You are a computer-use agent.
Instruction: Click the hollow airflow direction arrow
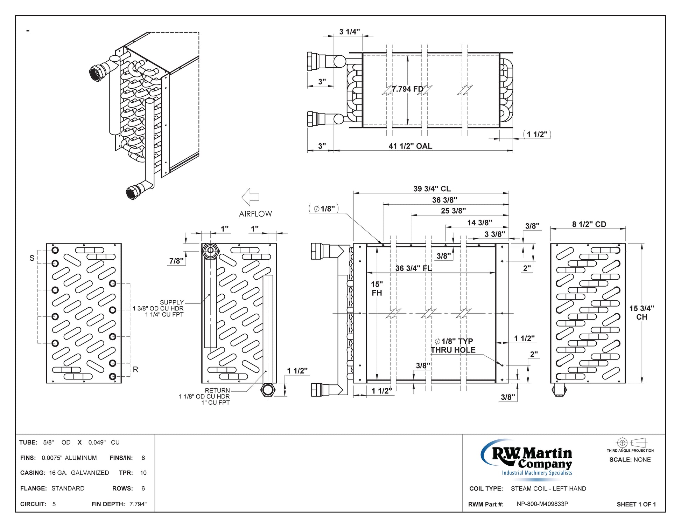point(251,197)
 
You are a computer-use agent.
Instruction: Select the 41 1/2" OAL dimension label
point(410,146)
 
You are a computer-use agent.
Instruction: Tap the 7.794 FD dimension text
point(408,89)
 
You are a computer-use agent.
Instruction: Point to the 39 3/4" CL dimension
point(432,189)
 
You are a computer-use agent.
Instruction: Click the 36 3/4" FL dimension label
point(413,268)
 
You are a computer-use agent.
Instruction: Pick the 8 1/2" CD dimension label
point(589,224)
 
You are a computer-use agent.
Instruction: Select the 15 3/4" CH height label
point(641,313)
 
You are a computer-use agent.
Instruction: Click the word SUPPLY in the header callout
point(171,302)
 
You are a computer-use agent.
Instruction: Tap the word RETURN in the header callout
point(217,390)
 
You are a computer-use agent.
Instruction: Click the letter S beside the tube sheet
point(32,258)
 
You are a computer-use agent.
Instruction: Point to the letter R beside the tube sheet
point(135,370)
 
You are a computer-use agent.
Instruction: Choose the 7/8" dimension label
point(176,261)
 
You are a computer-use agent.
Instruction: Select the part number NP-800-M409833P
point(542,504)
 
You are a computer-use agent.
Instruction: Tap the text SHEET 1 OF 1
point(636,504)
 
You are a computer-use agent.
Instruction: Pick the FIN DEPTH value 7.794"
point(138,504)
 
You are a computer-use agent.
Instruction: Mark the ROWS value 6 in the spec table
point(143,488)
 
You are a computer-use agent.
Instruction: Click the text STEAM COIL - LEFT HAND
point(548,488)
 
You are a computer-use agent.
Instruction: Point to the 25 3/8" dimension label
point(453,211)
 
